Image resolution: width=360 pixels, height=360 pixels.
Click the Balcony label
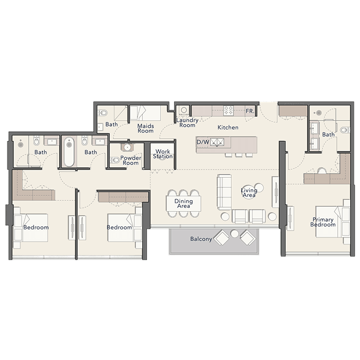coord(201,239)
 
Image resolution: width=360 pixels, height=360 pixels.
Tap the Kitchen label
coord(228,127)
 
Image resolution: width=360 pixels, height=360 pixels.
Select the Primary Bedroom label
coord(323,222)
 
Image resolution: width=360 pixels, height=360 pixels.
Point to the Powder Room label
coord(131,160)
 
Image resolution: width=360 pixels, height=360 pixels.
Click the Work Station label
coord(163,154)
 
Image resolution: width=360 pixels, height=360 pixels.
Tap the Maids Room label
coord(146,128)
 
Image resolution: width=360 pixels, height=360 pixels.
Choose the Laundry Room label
coord(188,123)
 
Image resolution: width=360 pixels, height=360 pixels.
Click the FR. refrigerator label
coord(250,111)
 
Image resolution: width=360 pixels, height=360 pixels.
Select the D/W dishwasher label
coord(203,142)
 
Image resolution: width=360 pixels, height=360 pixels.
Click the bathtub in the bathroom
coord(69,152)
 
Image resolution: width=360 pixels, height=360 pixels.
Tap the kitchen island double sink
coord(217,142)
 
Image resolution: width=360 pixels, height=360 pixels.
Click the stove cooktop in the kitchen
coord(228,110)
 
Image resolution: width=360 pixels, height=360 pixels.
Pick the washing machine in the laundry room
coord(184,110)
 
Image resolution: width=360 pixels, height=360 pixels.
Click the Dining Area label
coord(183,203)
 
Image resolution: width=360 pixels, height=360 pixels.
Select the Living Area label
coord(249,193)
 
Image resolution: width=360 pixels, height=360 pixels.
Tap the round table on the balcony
coord(235,234)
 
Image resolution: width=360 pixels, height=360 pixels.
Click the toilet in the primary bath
coord(345,130)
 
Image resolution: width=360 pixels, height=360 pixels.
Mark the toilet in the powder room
coord(115,160)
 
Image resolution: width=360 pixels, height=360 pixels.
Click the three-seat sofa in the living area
coord(224,192)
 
